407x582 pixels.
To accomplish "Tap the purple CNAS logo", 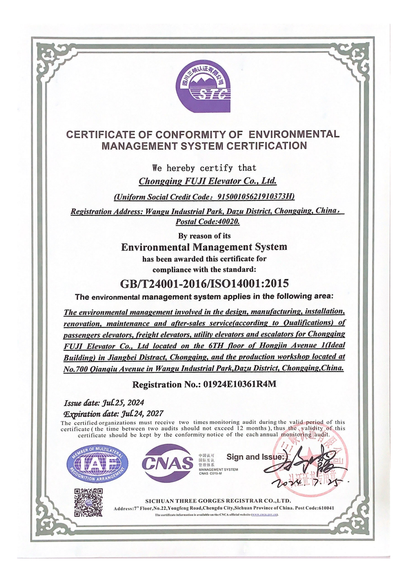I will [168, 462].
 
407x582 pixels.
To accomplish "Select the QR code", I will [89, 502].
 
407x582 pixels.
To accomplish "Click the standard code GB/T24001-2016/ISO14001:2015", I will [205, 283].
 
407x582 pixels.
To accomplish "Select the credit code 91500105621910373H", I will [256, 197].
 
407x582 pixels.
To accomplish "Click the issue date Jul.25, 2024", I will [123, 403].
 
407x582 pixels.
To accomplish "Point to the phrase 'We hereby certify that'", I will [205, 168].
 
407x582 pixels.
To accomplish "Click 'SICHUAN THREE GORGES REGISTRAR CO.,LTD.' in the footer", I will [218, 501].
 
